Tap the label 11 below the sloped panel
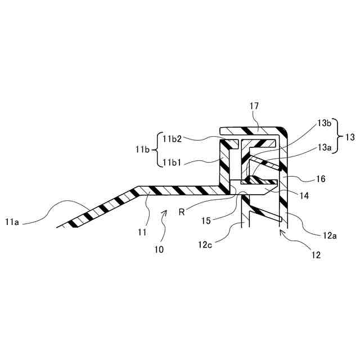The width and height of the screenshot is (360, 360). (143, 231)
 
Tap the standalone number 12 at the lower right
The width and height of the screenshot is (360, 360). (316, 254)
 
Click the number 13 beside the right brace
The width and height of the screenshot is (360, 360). (350, 137)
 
